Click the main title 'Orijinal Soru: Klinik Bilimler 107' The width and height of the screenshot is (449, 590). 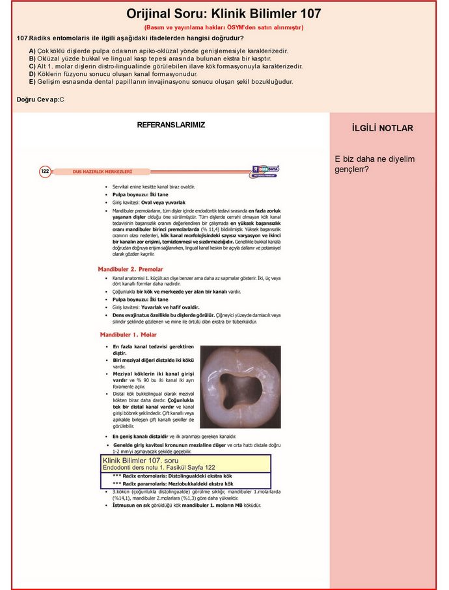click(x=223, y=14)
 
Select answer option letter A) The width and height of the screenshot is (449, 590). click(x=33, y=51)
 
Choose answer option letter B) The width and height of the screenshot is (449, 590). click(x=33, y=58)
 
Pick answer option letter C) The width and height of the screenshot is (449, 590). click(x=33, y=66)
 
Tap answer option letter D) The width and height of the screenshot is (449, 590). click(x=33, y=74)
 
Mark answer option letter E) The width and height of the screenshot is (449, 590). click(x=33, y=82)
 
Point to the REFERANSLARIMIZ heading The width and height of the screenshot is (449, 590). click(x=171, y=125)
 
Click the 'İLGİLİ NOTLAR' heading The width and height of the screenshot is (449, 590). click(x=382, y=128)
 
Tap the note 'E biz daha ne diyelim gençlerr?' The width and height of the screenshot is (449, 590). click(x=374, y=164)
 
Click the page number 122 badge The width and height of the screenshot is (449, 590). click(x=45, y=172)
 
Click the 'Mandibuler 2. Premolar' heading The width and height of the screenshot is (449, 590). click(x=130, y=269)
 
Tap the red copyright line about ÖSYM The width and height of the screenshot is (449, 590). click(x=223, y=28)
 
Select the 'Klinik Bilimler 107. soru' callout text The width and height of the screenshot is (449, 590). click(x=136, y=460)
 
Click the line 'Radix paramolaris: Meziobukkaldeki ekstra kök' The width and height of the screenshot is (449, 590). click(x=172, y=484)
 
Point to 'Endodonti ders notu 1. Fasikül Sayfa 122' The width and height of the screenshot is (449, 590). click(x=159, y=467)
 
